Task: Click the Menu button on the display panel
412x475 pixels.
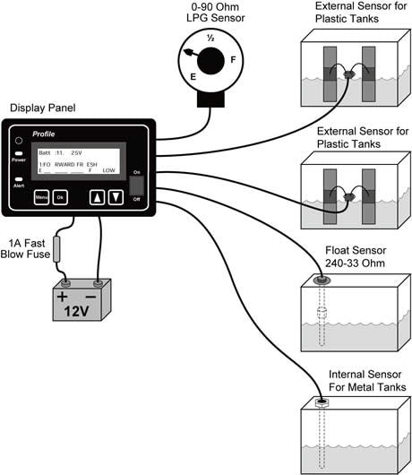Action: pyautogui.click(x=41, y=196)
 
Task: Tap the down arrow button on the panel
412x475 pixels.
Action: pyautogui.click(x=115, y=196)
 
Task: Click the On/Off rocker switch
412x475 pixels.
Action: pyautogui.click(x=137, y=186)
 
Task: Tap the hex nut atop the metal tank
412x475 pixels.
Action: pyautogui.click(x=318, y=402)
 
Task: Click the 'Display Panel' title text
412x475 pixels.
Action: pyautogui.click(x=43, y=108)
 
